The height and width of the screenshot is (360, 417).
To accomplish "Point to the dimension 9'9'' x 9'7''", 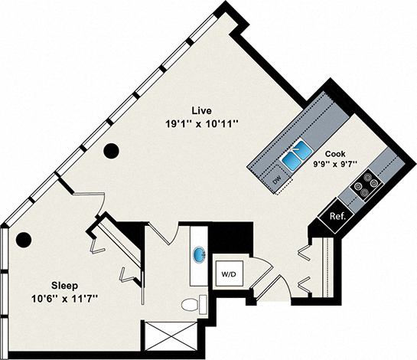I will tap(337, 163).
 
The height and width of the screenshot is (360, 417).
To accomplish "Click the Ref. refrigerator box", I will tap(338, 216).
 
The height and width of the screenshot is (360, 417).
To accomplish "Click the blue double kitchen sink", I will tap(294, 155).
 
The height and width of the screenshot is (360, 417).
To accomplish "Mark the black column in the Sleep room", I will tap(24, 239).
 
